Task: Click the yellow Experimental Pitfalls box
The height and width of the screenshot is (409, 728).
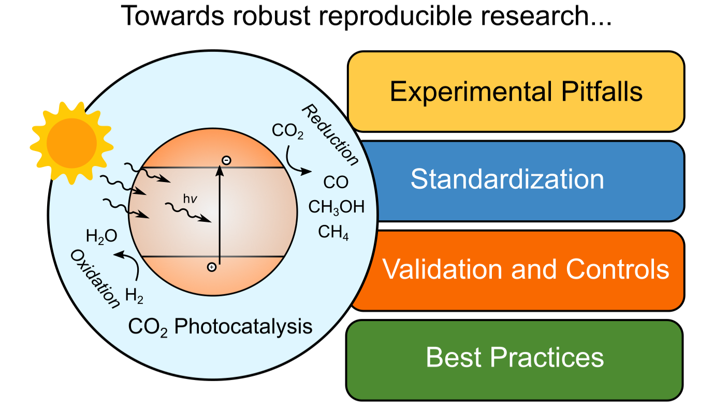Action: click(516, 92)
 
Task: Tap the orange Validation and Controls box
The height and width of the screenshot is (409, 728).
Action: click(520, 271)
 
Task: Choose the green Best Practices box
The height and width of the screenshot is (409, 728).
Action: click(515, 360)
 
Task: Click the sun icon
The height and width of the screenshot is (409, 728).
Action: click(71, 143)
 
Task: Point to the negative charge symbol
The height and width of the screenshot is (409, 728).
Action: click(226, 160)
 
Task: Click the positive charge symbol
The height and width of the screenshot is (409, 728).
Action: click(212, 267)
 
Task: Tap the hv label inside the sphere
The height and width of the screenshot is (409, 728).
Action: click(190, 199)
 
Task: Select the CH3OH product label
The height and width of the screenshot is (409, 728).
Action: click(337, 207)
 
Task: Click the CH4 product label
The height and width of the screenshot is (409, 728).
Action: click(333, 232)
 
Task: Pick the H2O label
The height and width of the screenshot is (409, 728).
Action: click(101, 236)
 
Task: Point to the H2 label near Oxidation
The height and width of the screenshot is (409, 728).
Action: click(134, 296)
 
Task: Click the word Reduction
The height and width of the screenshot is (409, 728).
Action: click(330, 135)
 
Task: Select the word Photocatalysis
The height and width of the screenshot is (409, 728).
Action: click(243, 326)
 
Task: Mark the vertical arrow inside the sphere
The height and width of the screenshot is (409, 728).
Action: click(220, 215)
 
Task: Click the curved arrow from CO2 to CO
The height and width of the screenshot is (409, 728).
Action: click(294, 164)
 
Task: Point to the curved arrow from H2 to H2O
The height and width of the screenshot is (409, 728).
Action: click(130, 263)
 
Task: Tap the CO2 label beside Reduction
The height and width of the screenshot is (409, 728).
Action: click(287, 131)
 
